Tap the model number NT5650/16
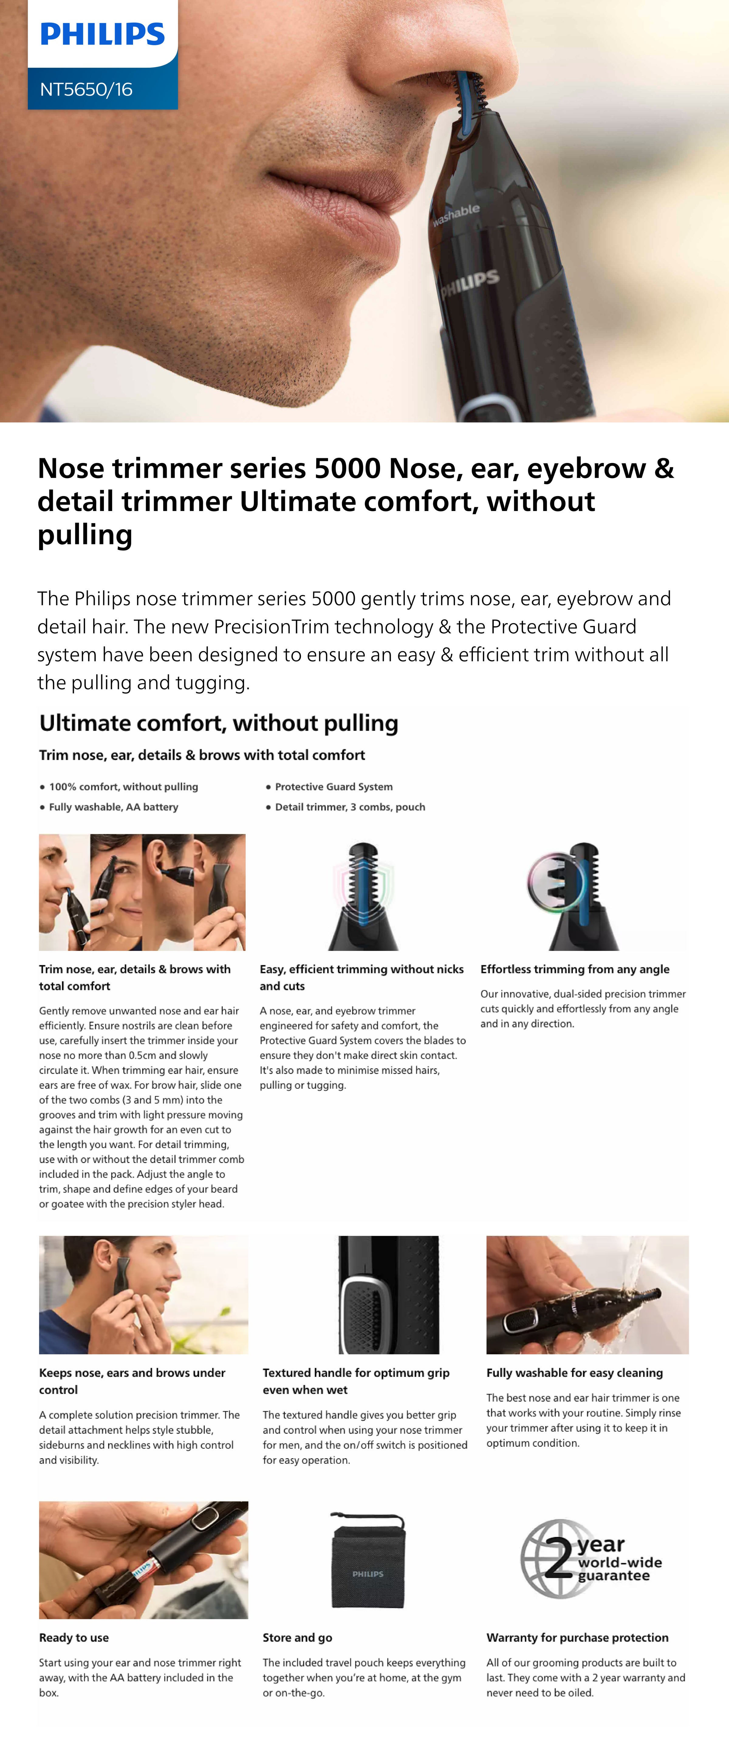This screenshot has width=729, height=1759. coord(86,89)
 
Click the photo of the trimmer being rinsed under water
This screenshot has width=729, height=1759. coord(588,1295)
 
